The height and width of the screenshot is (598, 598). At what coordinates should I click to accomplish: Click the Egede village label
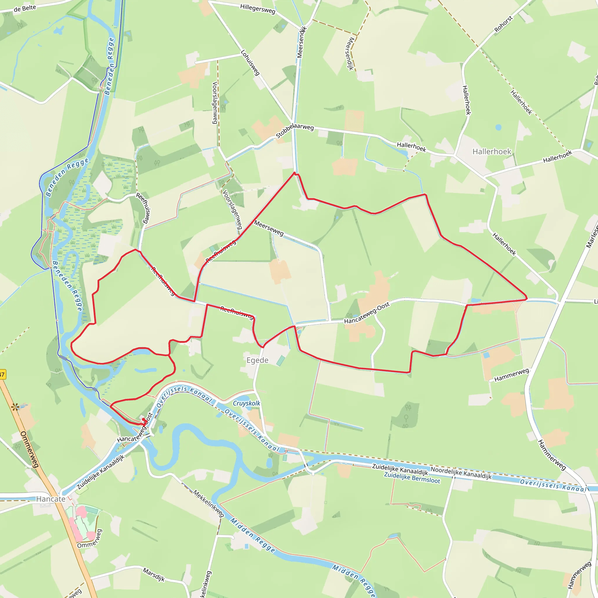click(x=257, y=360)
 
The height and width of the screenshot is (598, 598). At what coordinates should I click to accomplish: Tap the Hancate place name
click(x=51, y=499)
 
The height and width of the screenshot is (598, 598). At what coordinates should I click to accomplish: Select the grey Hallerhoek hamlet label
click(x=491, y=151)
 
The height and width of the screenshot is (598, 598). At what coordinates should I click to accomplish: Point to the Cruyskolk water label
click(x=246, y=403)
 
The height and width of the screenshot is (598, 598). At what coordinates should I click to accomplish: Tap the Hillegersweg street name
click(x=258, y=9)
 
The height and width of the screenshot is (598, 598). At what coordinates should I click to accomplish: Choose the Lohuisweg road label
click(x=250, y=63)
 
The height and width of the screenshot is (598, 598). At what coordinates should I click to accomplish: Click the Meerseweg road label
click(x=269, y=228)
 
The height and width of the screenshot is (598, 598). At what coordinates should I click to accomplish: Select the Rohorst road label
click(x=503, y=24)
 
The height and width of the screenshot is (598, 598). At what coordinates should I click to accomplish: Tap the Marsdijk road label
click(x=154, y=574)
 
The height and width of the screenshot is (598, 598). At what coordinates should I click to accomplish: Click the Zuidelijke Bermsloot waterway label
click(x=412, y=478)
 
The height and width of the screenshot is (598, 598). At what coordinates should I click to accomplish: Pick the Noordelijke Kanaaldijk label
click(x=461, y=473)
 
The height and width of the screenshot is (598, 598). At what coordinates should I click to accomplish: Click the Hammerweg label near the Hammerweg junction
click(x=511, y=375)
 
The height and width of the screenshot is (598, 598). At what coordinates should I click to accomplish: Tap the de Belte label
click(x=25, y=8)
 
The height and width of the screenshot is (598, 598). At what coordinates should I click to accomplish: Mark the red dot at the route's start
click(x=143, y=419)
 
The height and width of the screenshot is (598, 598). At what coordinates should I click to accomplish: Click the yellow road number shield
click(x=2, y=375)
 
